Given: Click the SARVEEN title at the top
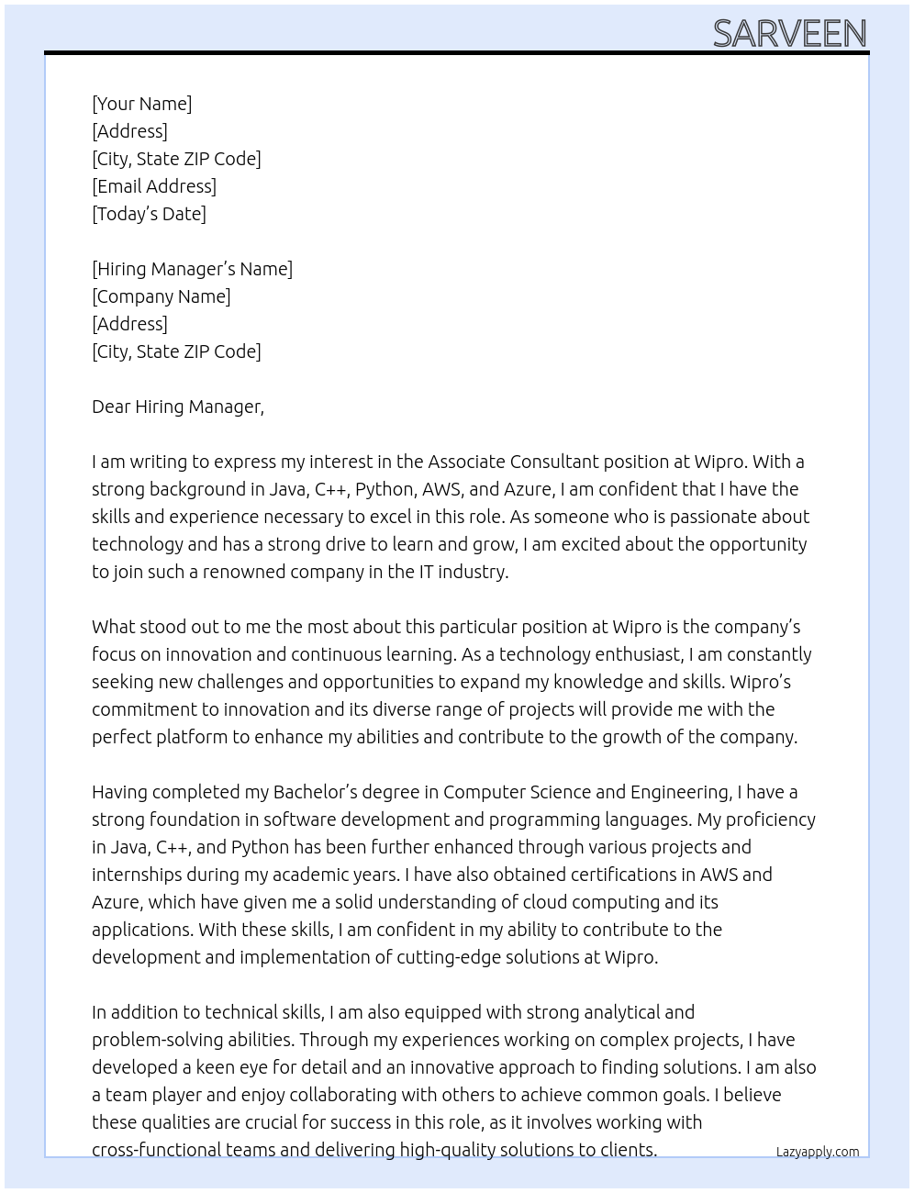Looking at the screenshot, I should (x=789, y=34).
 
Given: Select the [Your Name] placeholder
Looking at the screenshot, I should (x=141, y=104).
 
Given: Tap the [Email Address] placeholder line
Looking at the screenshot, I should (x=154, y=186).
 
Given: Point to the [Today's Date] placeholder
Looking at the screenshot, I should (x=149, y=214).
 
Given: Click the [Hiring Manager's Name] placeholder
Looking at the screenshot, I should (x=192, y=269).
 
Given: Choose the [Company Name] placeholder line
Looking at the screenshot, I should (x=161, y=296).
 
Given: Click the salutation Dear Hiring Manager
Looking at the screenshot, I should (x=177, y=407).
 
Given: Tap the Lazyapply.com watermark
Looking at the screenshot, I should (x=818, y=1152).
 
